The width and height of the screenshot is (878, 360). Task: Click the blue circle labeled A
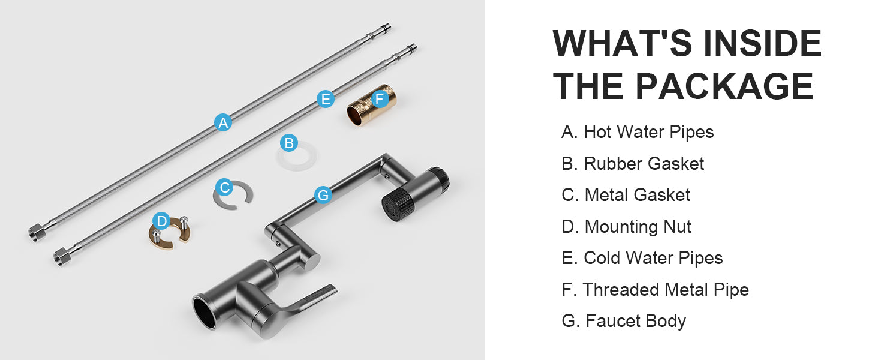223,122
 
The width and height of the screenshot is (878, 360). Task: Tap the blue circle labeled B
289,143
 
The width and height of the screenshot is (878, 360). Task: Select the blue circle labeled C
224,188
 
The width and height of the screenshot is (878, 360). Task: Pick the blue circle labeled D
161,221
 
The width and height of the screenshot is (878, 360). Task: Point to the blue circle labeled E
326,99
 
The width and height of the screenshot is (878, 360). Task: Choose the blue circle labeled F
380,99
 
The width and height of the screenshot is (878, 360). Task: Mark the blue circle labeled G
323,195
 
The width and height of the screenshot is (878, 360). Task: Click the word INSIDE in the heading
762,44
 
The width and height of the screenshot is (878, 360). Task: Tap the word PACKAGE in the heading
724,86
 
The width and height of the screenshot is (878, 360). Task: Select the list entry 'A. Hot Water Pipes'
638,132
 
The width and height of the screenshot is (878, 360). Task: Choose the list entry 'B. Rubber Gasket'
633,164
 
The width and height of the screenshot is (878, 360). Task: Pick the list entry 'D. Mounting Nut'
626,227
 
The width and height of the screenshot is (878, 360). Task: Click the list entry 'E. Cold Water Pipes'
642,258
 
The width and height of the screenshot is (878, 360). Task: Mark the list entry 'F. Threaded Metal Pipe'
655,290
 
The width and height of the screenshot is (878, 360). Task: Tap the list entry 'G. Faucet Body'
624,321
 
